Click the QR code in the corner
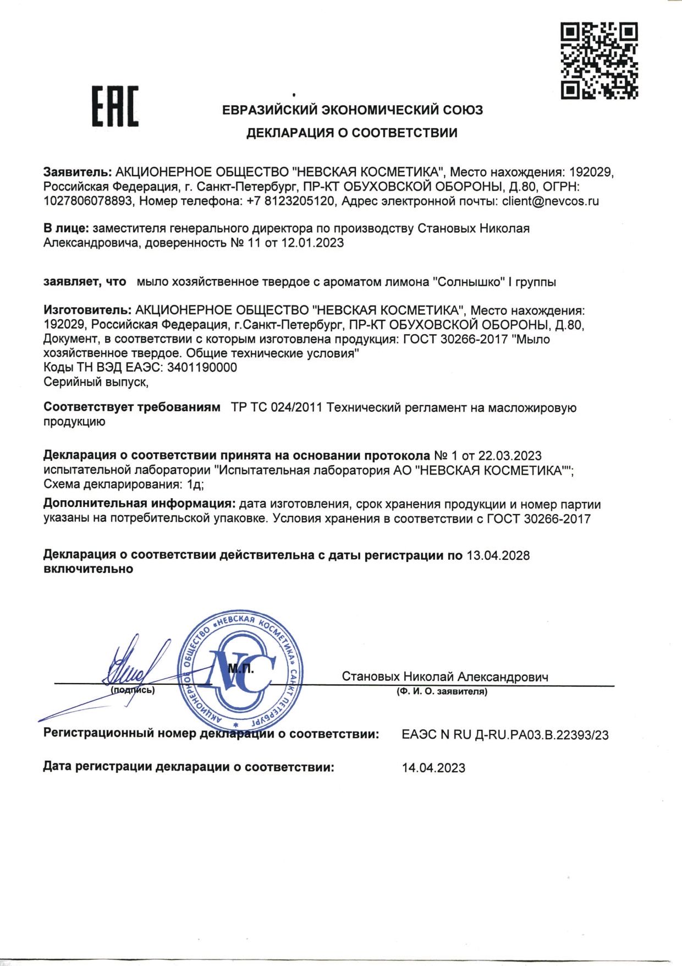click(599, 61)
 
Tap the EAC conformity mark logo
click(114, 107)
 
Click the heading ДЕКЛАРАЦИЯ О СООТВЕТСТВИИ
click(351, 133)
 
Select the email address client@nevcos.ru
click(550, 201)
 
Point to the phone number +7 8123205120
click(291, 201)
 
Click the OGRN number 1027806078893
click(88, 201)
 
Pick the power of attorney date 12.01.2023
click(312, 243)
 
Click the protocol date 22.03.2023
click(510, 456)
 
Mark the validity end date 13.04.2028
click(498, 555)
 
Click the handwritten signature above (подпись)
click(132, 666)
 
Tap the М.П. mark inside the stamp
click(240, 668)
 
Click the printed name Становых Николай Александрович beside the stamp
click(444, 676)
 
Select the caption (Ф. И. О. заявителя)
click(442, 691)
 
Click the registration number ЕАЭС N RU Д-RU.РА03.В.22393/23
click(505, 735)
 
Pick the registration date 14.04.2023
click(433, 768)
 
